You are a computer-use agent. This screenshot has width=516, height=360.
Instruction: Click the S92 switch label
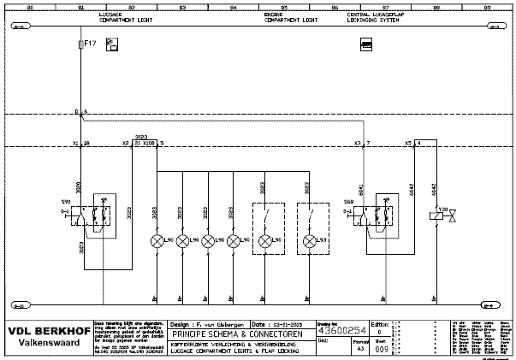pyautogui.click(x=66, y=202)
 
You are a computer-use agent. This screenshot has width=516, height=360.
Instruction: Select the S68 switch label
pyautogui.click(x=349, y=202)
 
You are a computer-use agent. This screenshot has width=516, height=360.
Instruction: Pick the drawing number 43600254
pyautogui.click(x=343, y=330)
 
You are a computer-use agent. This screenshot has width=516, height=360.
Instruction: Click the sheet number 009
pyautogui.click(x=382, y=349)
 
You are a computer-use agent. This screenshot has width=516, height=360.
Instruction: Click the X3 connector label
pyautogui.click(x=358, y=143)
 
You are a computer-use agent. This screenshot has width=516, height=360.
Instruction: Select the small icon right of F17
pyautogui.click(x=110, y=44)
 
